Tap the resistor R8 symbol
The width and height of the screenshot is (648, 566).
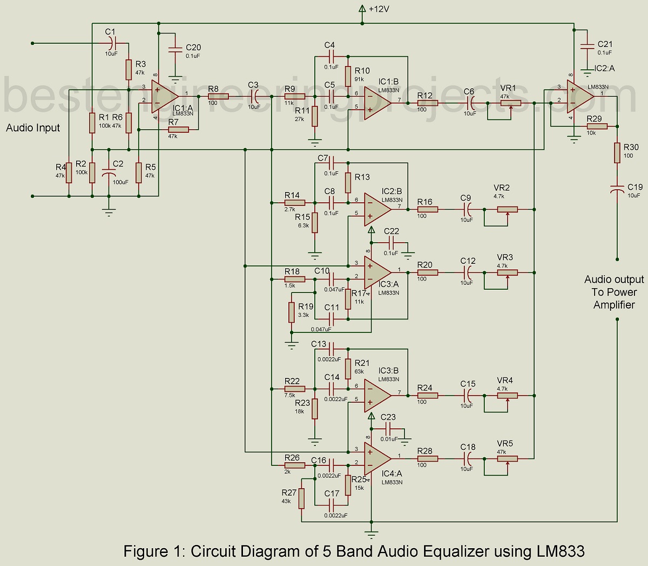tap(218, 96)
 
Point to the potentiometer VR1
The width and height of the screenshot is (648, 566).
tap(510, 103)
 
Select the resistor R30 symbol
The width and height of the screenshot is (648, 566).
tap(617, 152)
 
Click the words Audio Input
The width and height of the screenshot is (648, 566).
tap(33, 128)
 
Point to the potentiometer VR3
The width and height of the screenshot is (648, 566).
tap(507, 272)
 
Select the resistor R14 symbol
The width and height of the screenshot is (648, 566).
tap(295, 202)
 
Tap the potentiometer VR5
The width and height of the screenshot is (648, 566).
tap(507, 458)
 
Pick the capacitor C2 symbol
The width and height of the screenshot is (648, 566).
tap(110, 175)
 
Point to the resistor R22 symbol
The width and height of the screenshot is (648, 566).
tap(295, 388)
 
